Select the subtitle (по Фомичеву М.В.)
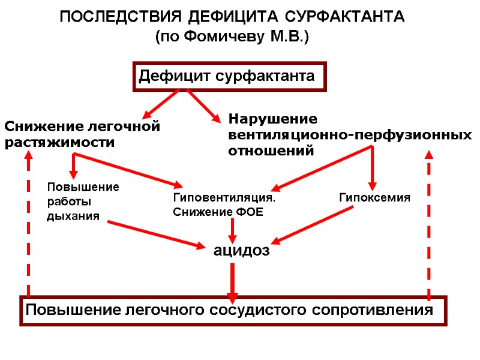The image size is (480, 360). coord(232,37)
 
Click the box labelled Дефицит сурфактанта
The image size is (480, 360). coord(229,76)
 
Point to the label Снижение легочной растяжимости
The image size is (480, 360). coord(82,134)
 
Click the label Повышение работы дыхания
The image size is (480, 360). coord(83,202)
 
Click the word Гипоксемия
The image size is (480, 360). coord(374,197)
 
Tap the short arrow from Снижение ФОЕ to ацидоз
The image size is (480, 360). coord(233,229)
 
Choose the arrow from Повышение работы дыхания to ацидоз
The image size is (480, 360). coord(156,234)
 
